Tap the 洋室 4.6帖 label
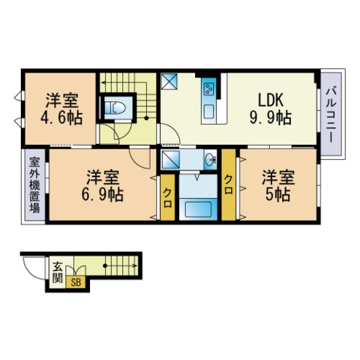61,109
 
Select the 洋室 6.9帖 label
103,185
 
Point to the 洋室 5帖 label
278,185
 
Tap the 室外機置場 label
34,185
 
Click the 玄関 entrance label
58,272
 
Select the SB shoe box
76,283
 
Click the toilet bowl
115,108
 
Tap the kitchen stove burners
208,88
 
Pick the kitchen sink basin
208,112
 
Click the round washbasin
211,159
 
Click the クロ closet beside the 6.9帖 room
167,197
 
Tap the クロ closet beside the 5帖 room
229,185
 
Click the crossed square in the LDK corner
169,81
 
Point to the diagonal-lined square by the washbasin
170,159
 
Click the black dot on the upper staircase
146,118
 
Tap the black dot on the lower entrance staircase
105,265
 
